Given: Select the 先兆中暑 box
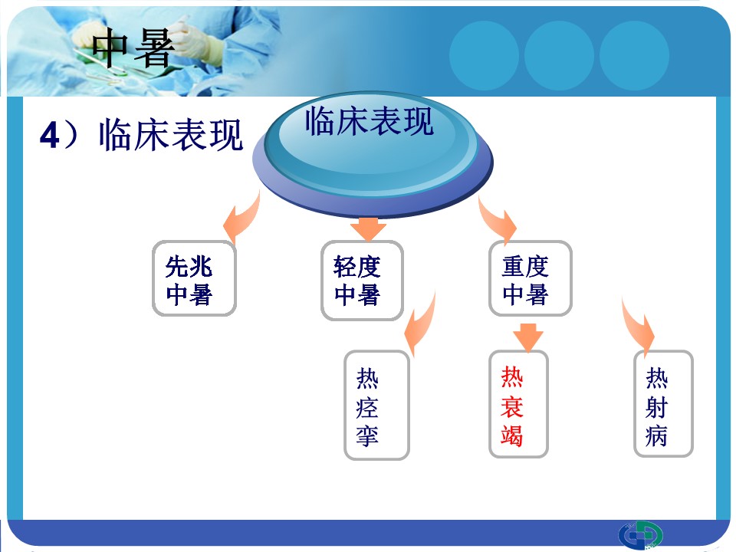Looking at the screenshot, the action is [x=194, y=278].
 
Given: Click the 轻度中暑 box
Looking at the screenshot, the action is [x=362, y=281].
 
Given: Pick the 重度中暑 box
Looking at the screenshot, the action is [x=531, y=278].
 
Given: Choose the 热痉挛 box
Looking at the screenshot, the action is [x=377, y=405].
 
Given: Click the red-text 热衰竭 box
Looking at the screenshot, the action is [x=519, y=404].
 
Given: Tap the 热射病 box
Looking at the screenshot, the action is [x=663, y=404].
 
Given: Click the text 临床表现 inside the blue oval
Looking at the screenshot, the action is [x=369, y=121].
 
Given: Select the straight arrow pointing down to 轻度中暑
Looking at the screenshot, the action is [x=369, y=229].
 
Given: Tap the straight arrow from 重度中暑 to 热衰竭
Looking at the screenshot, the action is [x=528, y=337].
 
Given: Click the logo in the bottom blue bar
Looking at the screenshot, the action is [x=640, y=535].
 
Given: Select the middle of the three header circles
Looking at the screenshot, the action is [x=559, y=56].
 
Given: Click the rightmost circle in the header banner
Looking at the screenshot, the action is [x=634, y=56].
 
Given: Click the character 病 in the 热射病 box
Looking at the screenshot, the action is [x=657, y=435].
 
